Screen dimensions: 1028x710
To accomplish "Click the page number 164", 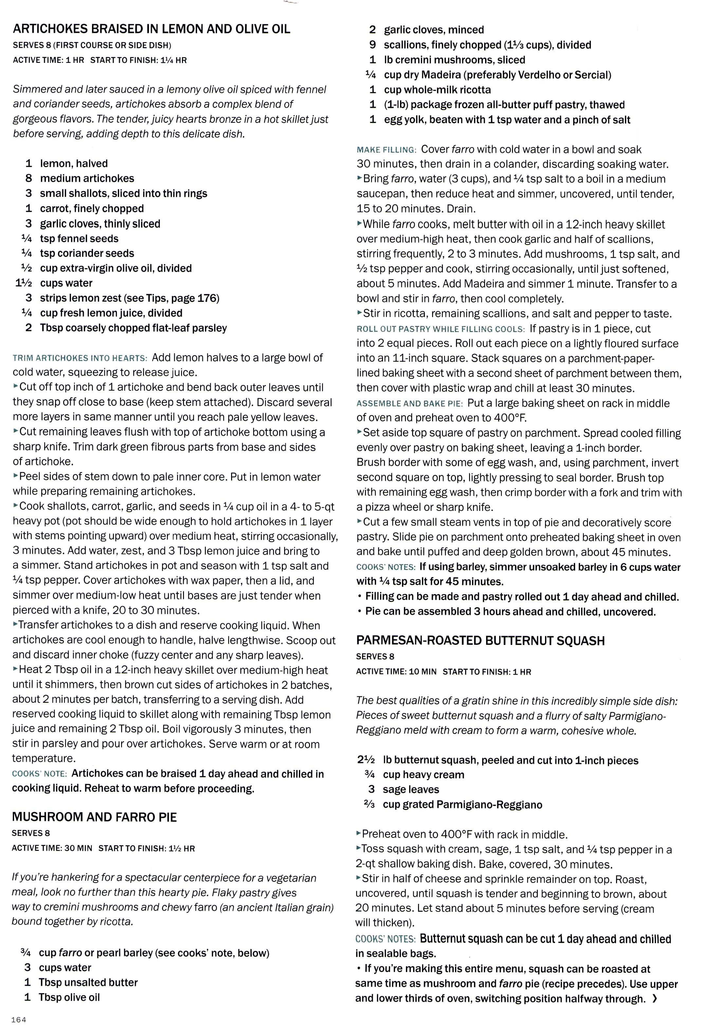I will coord(19,1019).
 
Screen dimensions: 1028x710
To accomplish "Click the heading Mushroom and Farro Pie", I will coord(94,817).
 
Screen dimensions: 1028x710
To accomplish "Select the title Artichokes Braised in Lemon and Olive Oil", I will coord(151,29).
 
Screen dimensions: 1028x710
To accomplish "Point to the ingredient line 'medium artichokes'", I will coord(87,178).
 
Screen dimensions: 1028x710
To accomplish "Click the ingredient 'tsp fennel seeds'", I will coord(79,238).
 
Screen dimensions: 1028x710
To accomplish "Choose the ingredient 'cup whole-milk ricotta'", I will coord(437,89).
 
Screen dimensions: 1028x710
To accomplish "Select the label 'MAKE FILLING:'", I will coord(386,150).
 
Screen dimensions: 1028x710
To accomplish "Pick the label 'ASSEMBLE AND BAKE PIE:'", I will coord(409,403).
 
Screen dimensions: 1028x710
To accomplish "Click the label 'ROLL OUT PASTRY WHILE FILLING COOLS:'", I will coord(440,329).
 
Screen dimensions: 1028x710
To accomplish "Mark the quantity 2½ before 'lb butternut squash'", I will coord(366,760).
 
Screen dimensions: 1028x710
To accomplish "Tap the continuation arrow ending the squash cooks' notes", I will coord(654,999).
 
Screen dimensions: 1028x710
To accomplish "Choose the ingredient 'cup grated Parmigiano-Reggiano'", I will coord(462,805).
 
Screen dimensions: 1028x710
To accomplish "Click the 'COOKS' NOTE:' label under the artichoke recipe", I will coord(40,774).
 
